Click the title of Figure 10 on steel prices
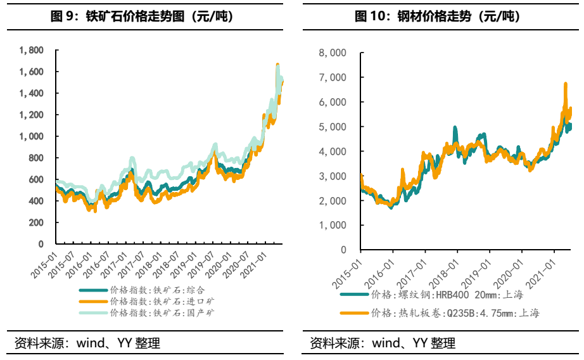point(437,17)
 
